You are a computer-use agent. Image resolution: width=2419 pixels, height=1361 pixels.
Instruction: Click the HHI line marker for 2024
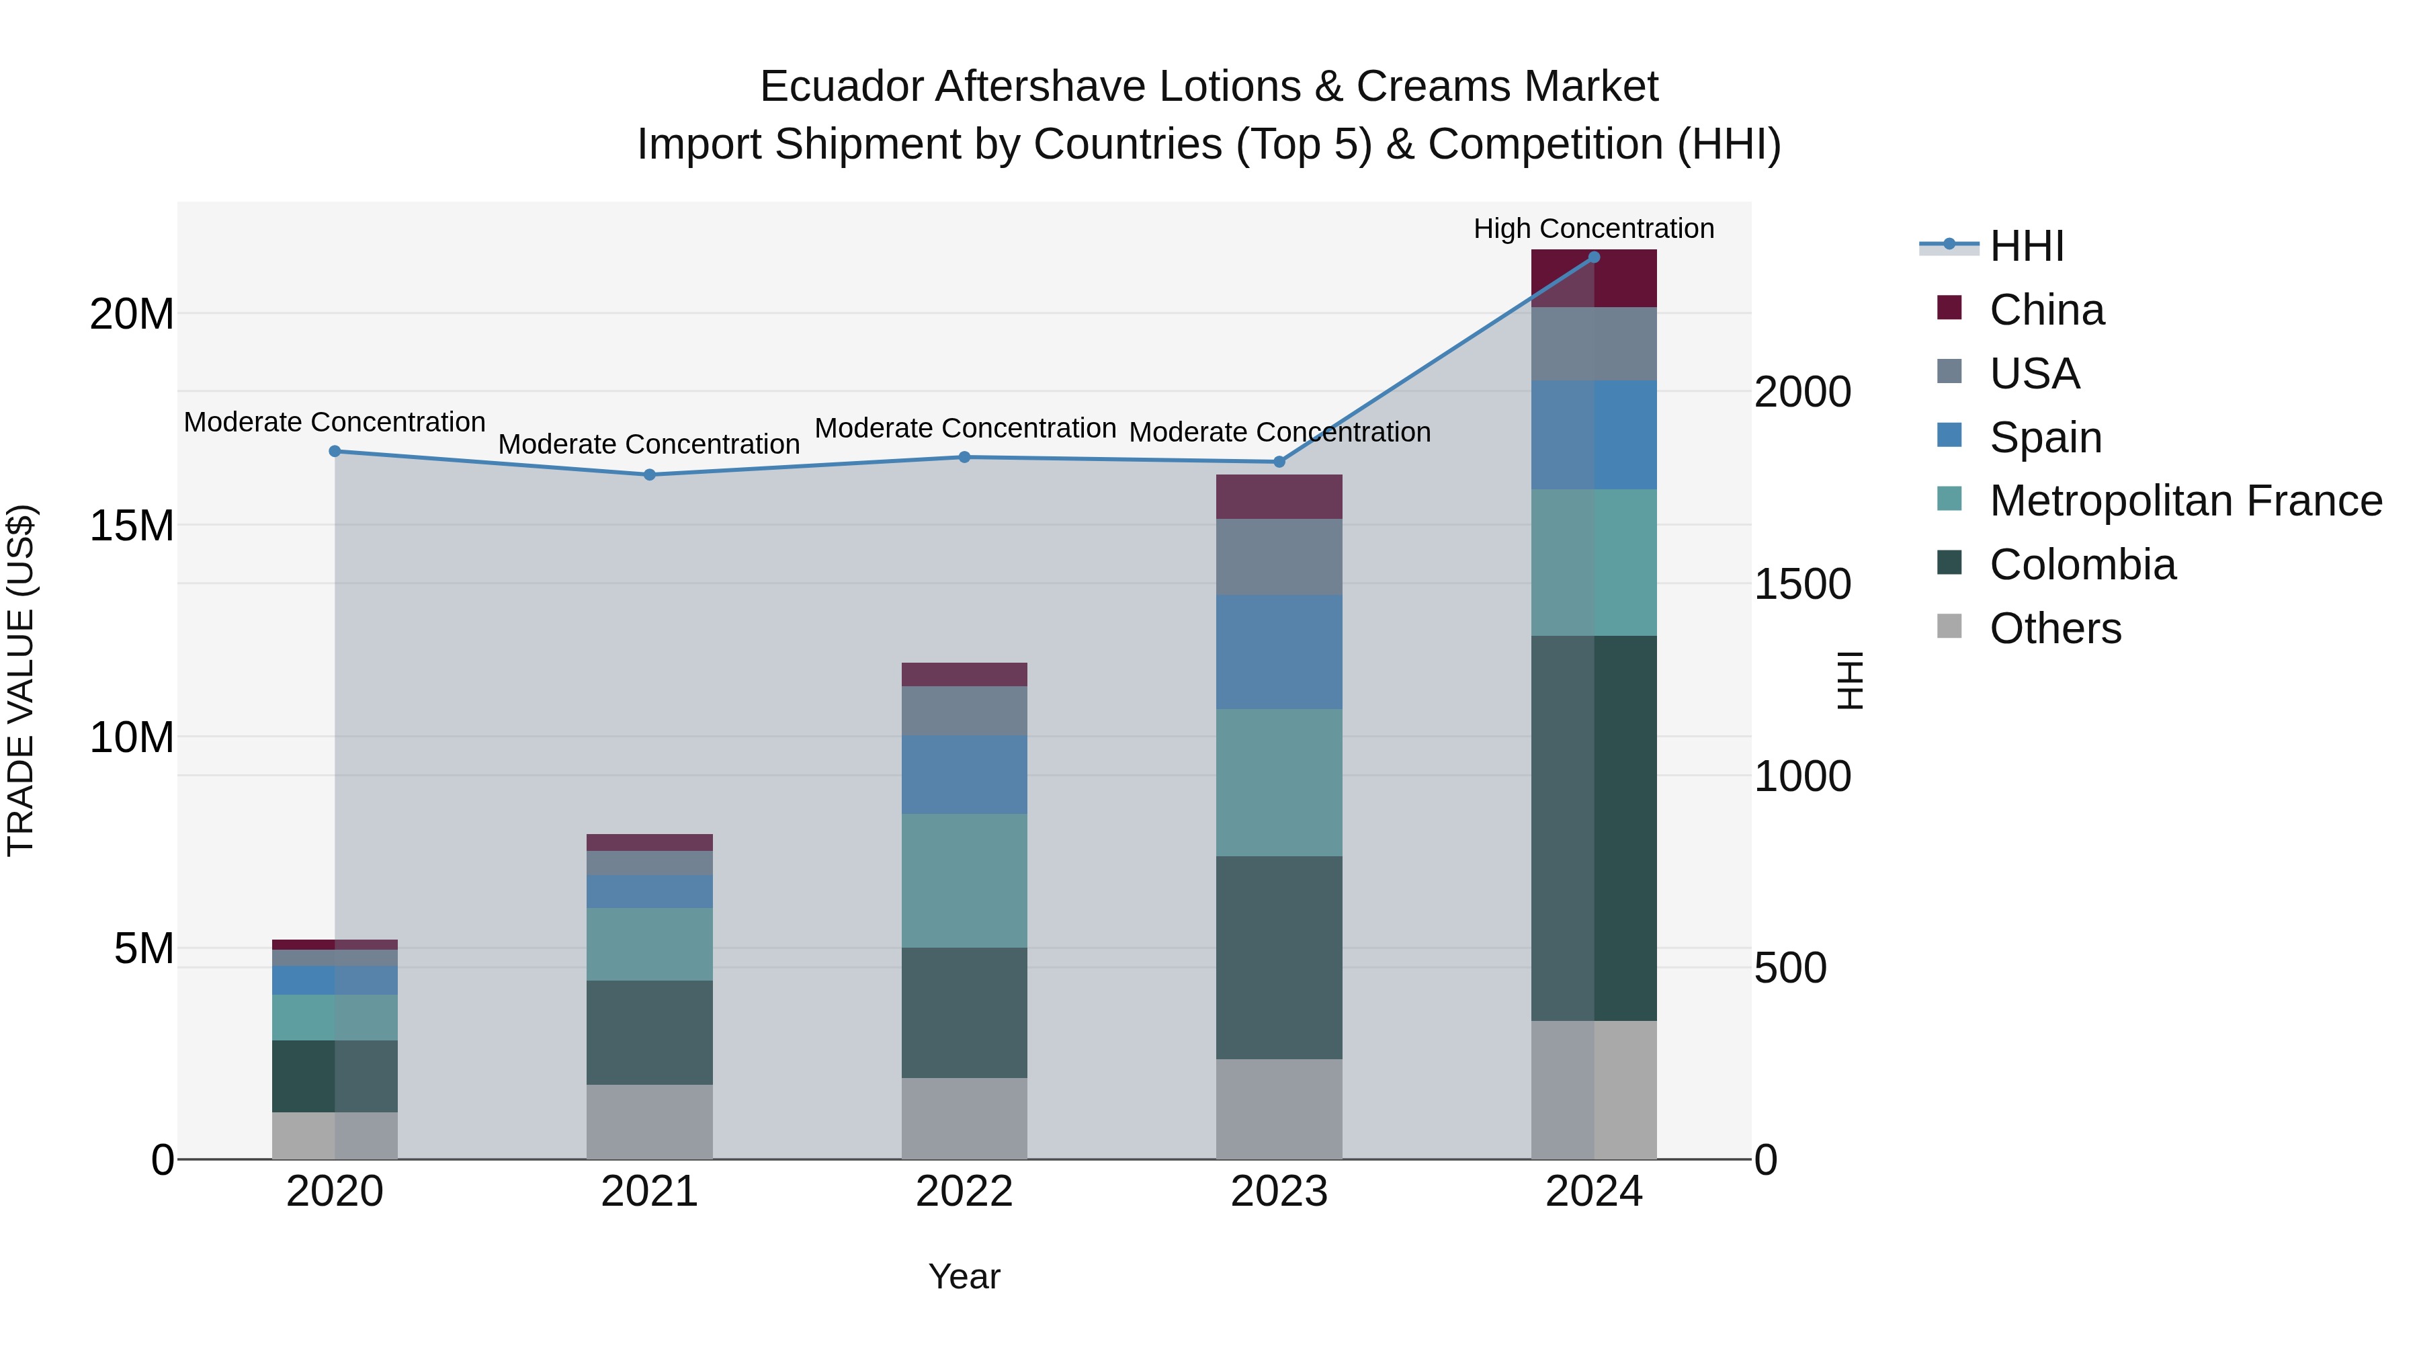1594,257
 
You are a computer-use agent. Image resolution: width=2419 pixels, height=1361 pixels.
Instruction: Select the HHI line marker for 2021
649,475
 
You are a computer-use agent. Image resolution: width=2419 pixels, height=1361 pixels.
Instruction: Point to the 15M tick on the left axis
132,525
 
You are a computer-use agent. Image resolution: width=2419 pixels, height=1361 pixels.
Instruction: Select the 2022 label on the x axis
964,1192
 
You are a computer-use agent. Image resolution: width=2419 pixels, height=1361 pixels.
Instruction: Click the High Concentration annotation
1594,229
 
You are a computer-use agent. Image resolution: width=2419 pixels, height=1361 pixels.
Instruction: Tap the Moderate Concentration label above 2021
649,444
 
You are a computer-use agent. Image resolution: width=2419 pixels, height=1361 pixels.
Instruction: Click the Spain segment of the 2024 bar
1594,434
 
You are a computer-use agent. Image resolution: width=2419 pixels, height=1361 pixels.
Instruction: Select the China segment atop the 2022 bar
964,673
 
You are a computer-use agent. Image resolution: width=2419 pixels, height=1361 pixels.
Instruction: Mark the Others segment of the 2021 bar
649,1122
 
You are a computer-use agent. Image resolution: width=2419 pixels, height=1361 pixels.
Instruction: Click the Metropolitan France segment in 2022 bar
964,879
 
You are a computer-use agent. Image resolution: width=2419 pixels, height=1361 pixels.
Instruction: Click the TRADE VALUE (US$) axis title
21,680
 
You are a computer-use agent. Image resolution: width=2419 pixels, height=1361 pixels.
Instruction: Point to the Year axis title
964,1276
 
